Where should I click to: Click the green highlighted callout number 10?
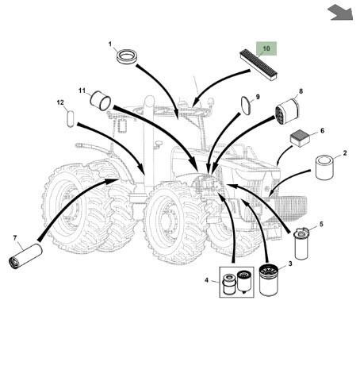click(x=266, y=48)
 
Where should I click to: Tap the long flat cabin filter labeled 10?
click(x=259, y=65)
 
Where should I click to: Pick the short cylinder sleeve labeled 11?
click(x=101, y=101)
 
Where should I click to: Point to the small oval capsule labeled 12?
click(x=71, y=119)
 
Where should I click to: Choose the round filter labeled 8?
click(x=287, y=111)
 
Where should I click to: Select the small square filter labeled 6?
click(x=300, y=140)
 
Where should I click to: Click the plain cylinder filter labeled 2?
click(x=324, y=167)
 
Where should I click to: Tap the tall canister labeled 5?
click(x=301, y=244)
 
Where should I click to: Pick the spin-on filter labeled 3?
click(x=268, y=280)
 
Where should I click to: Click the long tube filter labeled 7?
click(x=25, y=256)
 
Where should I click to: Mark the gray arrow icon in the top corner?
click(x=340, y=12)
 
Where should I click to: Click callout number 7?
click(x=15, y=238)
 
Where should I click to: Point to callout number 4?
click(x=207, y=280)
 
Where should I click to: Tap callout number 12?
click(x=60, y=102)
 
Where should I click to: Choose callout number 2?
click(x=345, y=153)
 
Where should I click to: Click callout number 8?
click(x=301, y=91)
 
